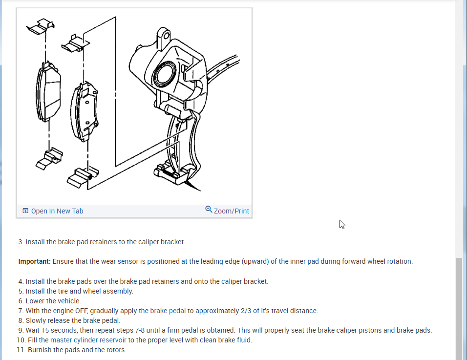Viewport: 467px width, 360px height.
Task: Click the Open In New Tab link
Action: tap(57, 211)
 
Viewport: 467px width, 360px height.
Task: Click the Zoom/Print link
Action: tap(231, 211)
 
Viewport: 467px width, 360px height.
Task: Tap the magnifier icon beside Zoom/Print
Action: tap(209, 210)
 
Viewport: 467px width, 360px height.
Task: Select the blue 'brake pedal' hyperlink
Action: tap(168, 311)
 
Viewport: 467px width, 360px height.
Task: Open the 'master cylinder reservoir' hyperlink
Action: tap(88, 340)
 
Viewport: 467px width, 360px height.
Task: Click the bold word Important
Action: tap(34, 261)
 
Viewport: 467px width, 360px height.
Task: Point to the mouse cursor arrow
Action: tap(342, 224)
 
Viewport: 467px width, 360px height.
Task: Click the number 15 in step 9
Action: tap(46, 330)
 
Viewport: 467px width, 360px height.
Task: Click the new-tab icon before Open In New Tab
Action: tap(25, 211)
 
